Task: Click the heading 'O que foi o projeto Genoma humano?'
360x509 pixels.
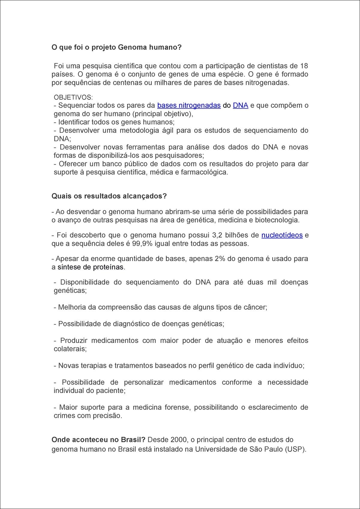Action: tap(117, 48)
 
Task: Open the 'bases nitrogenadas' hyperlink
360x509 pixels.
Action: tap(189, 106)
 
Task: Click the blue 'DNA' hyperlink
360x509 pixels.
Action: tap(240, 106)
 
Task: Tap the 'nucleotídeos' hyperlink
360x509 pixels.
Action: tap(282, 235)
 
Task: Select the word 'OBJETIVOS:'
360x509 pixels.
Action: tap(73, 97)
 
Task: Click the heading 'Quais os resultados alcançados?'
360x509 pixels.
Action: tap(109, 196)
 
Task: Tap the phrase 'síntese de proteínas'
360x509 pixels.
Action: tap(90, 267)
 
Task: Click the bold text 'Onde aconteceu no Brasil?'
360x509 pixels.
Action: tap(98, 440)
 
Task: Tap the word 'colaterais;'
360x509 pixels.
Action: tap(70, 349)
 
